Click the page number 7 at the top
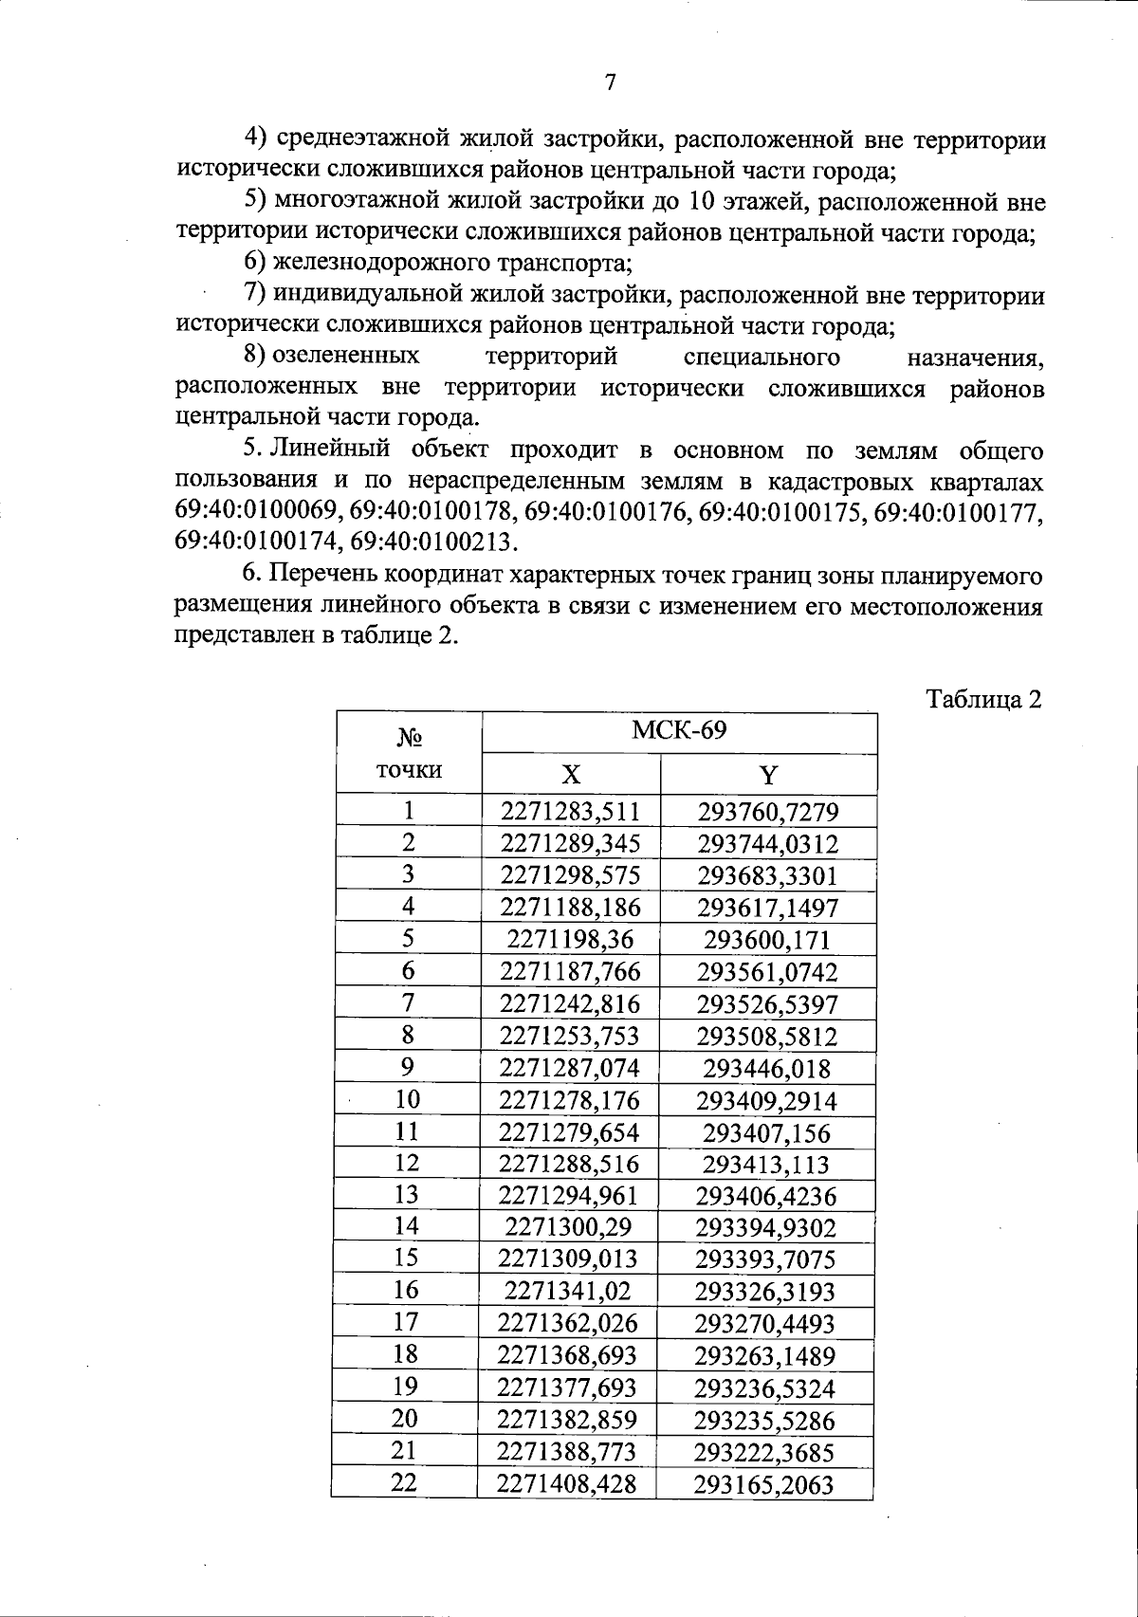611,83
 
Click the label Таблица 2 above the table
983,699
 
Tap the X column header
570,776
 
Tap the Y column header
768,776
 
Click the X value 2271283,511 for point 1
570,811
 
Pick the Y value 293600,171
767,940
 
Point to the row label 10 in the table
407,1099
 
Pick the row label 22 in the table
405,1483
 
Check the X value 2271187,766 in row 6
570,971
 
